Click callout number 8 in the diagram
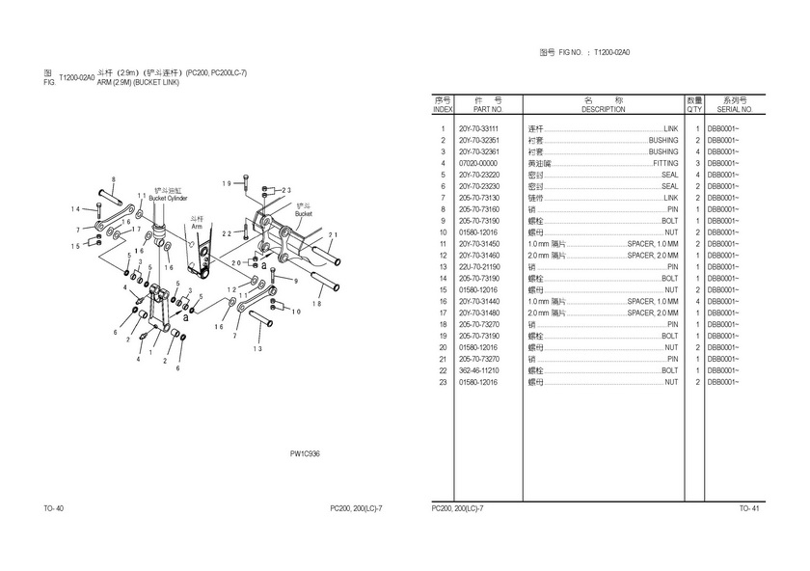(x=113, y=180)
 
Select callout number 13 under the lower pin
(x=258, y=349)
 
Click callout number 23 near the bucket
(x=285, y=191)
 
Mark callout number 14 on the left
(x=75, y=209)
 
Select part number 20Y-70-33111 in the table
(x=478, y=129)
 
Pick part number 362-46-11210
(x=478, y=370)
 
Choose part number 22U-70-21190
(x=478, y=267)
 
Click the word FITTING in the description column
(x=665, y=164)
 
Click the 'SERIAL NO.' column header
(x=728, y=109)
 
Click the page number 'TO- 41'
(x=749, y=508)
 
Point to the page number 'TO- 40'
(x=53, y=508)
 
